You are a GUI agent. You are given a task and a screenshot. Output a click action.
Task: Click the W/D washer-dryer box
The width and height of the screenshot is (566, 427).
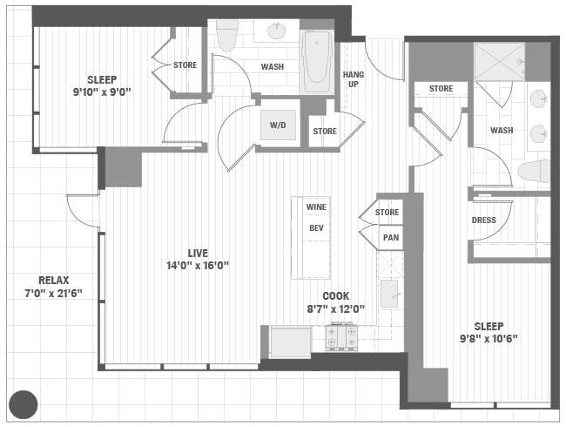click(x=278, y=125)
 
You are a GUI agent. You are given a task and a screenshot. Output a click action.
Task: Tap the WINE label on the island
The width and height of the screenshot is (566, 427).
click(x=316, y=207)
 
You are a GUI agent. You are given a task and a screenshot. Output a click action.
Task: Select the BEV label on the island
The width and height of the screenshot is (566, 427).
click(x=316, y=228)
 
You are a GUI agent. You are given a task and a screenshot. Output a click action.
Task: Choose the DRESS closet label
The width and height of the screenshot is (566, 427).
click(x=483, y=220)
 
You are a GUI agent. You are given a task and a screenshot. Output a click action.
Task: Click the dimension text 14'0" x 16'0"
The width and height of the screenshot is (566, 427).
click(x=199, y=265)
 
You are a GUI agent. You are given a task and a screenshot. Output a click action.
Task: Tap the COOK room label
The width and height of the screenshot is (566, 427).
click(x=336, y=296)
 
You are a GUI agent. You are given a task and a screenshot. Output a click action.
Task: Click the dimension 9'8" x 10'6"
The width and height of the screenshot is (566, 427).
click(x=489, y=339)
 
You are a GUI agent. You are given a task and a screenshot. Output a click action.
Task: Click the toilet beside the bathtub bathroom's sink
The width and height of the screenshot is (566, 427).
click(x=228, y=35)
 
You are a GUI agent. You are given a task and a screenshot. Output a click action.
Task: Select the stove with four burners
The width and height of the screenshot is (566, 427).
click(x=341, y=336)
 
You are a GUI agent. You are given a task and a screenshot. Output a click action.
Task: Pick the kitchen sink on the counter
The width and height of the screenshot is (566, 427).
click(x=389, y=293)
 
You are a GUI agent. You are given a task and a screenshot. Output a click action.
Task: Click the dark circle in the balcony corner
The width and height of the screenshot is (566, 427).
click(x=23, y=403)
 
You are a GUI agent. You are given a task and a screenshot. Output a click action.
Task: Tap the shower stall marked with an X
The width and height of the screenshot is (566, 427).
click(x=499, y=61)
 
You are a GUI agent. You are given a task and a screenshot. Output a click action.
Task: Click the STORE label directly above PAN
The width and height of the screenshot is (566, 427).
click(x=387, y=213)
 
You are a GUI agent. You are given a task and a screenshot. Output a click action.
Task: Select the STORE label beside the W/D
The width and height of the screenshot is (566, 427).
click(x=325, y=132)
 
